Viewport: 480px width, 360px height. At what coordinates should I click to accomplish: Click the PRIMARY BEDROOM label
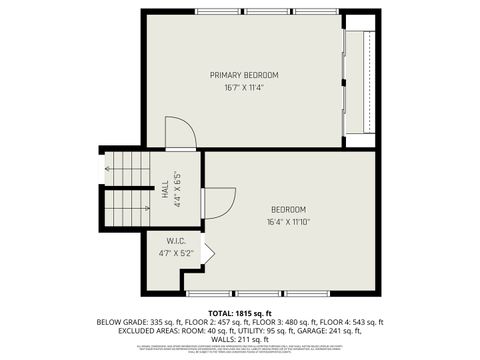244,75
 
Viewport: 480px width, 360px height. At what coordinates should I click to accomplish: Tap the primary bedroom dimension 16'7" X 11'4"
244,88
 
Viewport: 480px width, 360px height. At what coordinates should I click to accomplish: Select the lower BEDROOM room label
288,209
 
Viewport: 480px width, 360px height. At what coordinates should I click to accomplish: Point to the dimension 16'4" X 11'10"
288,222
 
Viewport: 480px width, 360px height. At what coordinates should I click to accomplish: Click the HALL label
165,188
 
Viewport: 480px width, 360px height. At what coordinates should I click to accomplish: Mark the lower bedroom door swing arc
221,203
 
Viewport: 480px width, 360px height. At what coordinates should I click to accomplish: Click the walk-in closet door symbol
207,252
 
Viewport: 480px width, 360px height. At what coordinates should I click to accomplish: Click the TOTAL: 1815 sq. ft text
239,313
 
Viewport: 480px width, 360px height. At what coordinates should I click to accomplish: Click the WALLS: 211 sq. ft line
239,340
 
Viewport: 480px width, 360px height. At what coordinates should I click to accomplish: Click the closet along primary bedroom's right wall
360,80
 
